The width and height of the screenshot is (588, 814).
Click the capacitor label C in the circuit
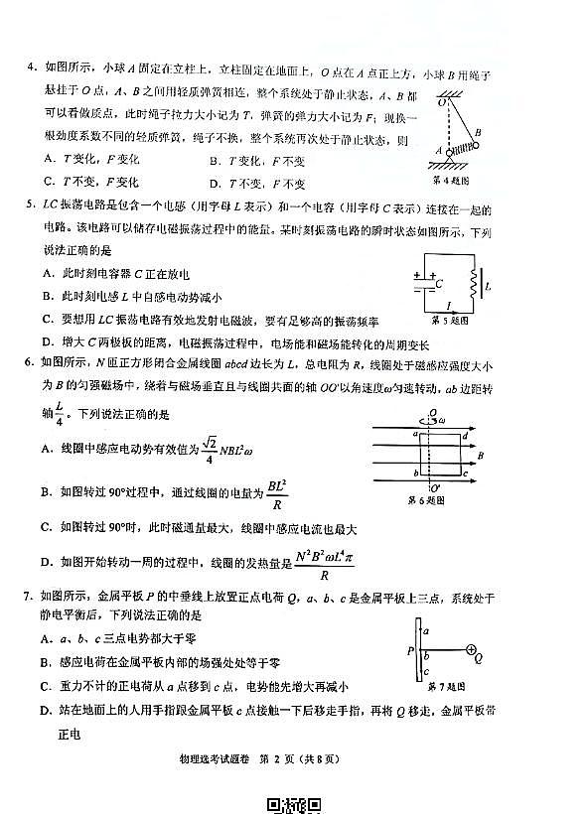[438, 282]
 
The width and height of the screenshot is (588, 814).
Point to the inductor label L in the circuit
[489, 287]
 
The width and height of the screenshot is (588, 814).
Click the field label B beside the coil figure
[481, 458]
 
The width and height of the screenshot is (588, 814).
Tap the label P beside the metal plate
[409, 651]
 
